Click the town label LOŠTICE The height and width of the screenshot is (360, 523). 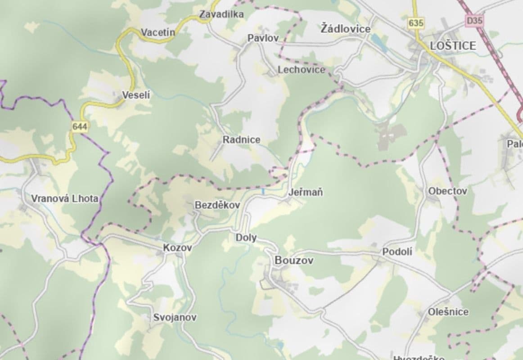[453, 45]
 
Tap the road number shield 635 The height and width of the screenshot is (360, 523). [416, 23]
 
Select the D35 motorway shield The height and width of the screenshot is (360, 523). [473, 20]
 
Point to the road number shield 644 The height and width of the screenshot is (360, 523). [80, 127]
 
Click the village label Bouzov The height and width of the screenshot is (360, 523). [294, 261]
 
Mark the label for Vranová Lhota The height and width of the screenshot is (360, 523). [65, 198]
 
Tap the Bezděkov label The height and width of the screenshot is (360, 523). [217, 205]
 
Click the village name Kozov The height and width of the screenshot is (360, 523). [177, 247]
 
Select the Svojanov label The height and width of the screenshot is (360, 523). [175, 317]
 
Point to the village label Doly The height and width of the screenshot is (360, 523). [246, 238]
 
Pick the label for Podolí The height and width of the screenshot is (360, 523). [397, 252]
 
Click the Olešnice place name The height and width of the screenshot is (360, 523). [448, 312]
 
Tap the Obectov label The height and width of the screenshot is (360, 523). [447, 191]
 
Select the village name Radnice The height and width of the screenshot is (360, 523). [241, 140]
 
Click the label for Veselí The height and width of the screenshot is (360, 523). [136, 95]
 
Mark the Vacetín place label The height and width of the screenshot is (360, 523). [158, 32]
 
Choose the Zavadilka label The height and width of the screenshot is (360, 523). [221, 14]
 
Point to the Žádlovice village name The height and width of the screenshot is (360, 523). [345, 29]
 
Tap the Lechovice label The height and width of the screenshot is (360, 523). [301, 70]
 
